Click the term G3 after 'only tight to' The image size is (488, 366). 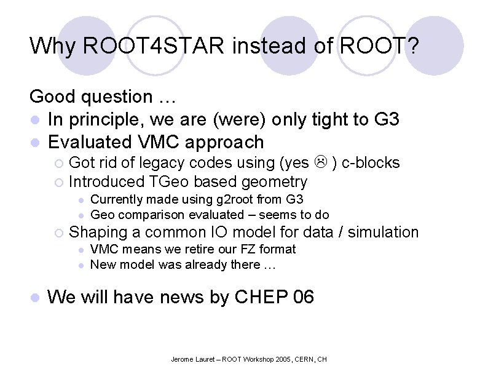(x=386, y=119)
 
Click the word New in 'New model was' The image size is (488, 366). (x=102, y=265)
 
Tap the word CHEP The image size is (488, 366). (x=262, y=297)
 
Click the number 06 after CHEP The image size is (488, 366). (x=304, y=297)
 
